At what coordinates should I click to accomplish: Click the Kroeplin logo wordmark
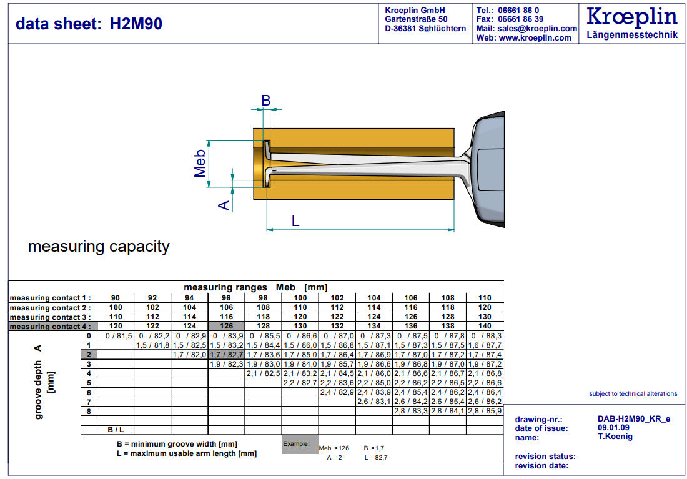point(632,17)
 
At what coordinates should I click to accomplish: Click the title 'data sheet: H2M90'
point(89,24)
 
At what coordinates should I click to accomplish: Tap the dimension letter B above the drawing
point(265,100)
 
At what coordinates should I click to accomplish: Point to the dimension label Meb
point(200,164)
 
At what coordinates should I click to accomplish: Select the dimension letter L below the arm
point(295,220)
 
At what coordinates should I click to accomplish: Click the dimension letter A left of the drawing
point(224,204)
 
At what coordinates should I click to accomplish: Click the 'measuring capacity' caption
point(99,246)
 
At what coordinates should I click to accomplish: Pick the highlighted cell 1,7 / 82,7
point(226,354)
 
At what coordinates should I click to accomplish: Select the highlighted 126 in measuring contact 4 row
point(226,326)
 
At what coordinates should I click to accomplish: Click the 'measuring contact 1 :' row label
point(50,298)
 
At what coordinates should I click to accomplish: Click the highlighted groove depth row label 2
point(89,354)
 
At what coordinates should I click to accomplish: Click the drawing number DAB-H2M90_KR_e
point(633,419)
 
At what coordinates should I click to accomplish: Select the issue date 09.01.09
point(613,428)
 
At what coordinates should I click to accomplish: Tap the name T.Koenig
point(615,437)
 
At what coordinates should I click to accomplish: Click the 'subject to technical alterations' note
point(633,393)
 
